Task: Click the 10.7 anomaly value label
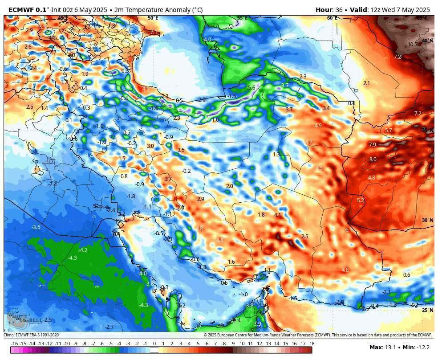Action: tap(413, 45)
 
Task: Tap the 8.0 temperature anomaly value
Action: tap(373, 160)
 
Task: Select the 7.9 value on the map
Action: tap(373, 145)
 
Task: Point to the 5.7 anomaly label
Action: tap(388, 131)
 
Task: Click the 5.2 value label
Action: tap(360, 200)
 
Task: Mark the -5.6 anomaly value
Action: tap(251, 88)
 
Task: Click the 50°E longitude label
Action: tap(153, 18)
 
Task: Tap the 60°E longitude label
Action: tap(332, 18)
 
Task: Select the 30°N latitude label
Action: tap(427, 220)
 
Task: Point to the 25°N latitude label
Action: tap(427, 310)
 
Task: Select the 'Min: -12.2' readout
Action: tap(416, 348)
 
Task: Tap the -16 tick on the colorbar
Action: tap(14, 344)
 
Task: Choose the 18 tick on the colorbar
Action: tap(312, 344)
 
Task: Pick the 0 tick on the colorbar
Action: tap(154, 344)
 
